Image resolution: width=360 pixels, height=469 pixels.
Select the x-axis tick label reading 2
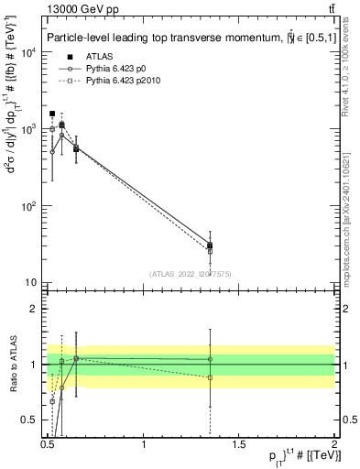click(x=333, y=444)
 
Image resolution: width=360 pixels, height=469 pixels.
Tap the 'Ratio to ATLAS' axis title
click(x=13, y=364)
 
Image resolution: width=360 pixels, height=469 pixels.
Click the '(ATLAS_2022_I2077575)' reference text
click(x=190, y=273)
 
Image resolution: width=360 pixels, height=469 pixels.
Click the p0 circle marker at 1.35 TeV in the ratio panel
click(x=210, y=359)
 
